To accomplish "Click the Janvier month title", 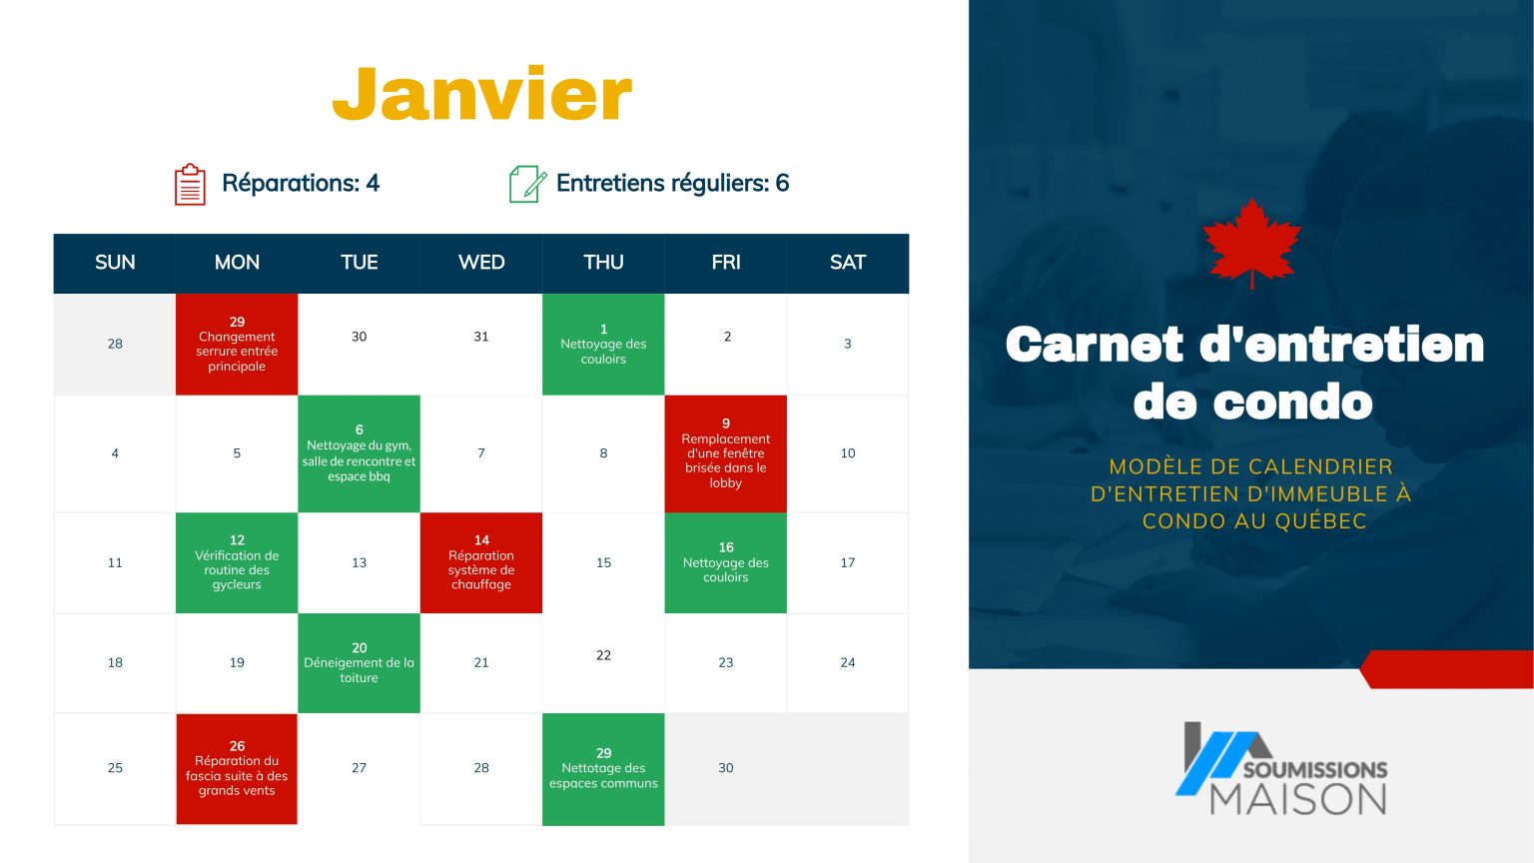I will tap(481, 94).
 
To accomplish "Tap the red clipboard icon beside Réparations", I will tap(190, 185).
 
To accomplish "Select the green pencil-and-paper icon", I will tap(526, 185).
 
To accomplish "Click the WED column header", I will tap(481, 263).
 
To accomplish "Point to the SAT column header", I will tap(847, 263).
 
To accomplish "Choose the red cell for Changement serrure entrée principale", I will tap(237, 345).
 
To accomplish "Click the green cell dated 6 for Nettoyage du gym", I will tap(359, 453).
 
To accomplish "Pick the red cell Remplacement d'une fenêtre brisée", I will tap(726, 453).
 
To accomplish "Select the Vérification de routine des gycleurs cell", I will tap(237, 563).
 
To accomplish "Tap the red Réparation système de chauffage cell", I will tap(481, 563).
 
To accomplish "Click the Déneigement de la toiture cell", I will tap(359, 663).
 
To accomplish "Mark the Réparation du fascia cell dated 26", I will tap(237, 769).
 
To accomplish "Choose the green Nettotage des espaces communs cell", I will tap(603, 769).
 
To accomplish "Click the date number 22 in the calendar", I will tap(603, 655).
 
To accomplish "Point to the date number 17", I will tap(847, 563).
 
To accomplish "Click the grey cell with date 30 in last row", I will tap(726, 768).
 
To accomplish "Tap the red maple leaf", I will tap(1251, 242).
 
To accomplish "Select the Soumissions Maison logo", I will tap(1282, 769).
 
